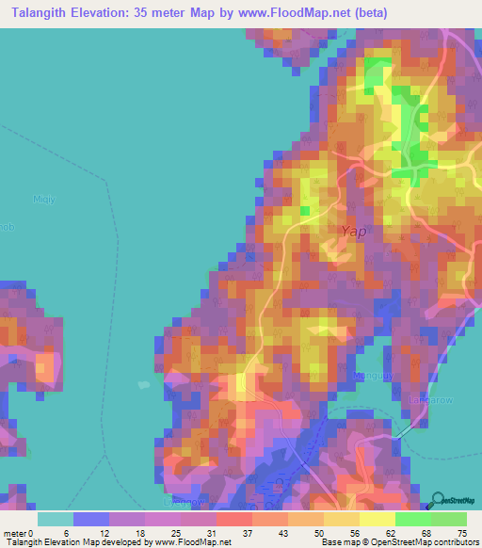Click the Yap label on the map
[x=352, y=231]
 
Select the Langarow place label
[x=431, y=399]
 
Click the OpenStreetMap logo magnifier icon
[x=437, y=499]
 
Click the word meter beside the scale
[x=15, y=534]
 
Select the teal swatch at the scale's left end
[x=56, y=519]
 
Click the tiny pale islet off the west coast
[x=143, y=384]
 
